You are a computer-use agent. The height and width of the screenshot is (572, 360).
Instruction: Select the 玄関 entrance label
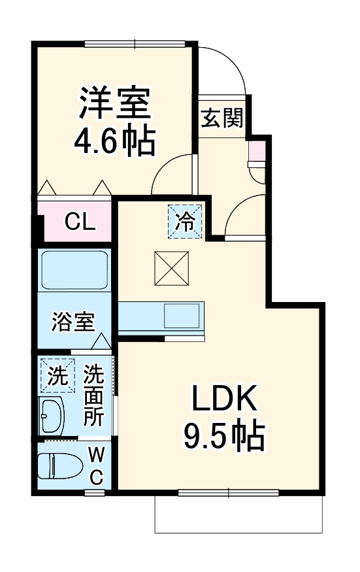coord(221,118)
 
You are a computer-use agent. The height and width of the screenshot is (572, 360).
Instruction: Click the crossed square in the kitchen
coord(171,269)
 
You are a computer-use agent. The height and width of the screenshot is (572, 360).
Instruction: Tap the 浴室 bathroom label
coord(74,322)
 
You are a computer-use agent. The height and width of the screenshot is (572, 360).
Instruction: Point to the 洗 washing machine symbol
coord(57,376)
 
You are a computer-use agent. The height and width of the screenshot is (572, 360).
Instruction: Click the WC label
coord(96,465)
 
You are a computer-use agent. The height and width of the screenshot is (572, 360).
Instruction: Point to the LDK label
coord(225,397)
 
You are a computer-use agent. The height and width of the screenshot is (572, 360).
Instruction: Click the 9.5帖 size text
coord(224,435)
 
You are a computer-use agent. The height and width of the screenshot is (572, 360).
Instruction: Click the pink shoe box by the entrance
coord(257,152)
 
